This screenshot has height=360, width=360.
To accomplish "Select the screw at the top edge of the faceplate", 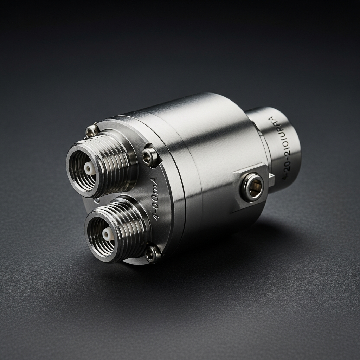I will pyautogui.click(x=92, y=131).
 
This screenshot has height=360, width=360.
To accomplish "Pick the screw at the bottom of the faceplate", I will pyautogui.click(x=153, y=254).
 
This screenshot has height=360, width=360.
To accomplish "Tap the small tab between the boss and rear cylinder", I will pyautogui.click(x=271, y=179).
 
